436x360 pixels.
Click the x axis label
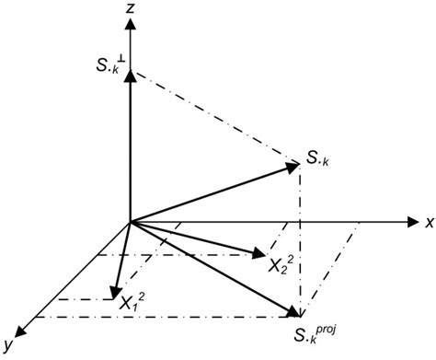pos(429,222)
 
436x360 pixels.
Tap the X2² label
pos(281,264)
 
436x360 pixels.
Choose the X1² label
pos(131,298)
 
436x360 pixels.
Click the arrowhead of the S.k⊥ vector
pos(131,76)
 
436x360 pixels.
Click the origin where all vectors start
pos(131,222)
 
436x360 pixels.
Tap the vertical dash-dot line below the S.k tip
pos(301,239)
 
